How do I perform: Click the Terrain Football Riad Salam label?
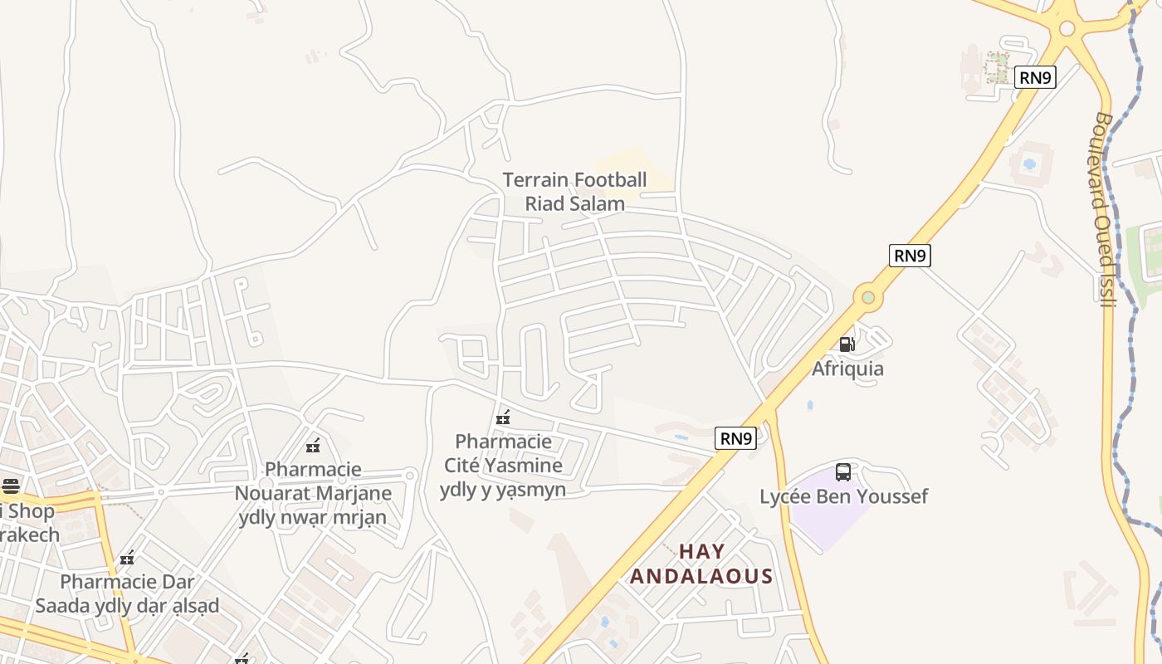pyautogui.click(x=574, y=192)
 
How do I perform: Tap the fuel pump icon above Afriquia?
pyautogui.click(x=847, y=344)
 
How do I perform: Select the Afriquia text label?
pyautogui.click(x=847, y=369)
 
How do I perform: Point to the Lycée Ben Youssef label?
pyautogui.click(x=843, y=496)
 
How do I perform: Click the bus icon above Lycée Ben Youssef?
pyautogui.click(x=843, y=472)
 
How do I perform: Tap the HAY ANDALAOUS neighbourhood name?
pyautogui.click(x=701, y=564)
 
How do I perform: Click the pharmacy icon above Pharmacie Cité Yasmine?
pyautogui.click(x=503, y=417)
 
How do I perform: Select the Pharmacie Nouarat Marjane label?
pyautogui.click(x=313, y=493)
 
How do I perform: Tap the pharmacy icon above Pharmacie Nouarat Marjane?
pyautogui.click(x=313, y=446)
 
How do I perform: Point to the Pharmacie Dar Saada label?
pyautogui.click(x=127, y=593)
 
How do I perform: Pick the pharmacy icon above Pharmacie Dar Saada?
pyautogui.click(x=127, y=558)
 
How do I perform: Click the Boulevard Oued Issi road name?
pyautogui.click(x=1102, y=209)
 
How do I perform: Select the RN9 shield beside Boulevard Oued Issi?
pyautogui.click(x=1035, y=78)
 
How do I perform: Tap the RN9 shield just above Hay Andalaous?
pyautogui.click(x=736, y=438)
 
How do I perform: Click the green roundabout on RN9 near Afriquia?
pyautogui.click(x=868, y=296)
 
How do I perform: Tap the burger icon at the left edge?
pyautogui.click(x=10, y=486)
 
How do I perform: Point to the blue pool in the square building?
pyautogui.click(x=1029, y=164)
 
